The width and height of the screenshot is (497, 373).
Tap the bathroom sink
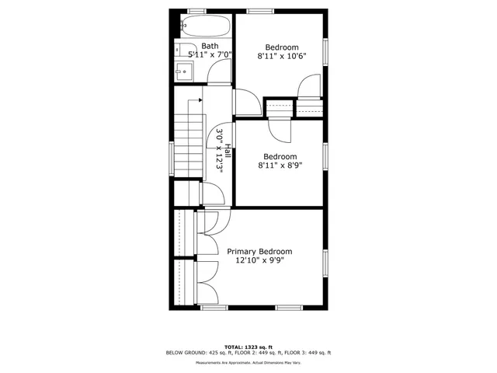183,72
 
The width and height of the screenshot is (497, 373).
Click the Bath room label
210,46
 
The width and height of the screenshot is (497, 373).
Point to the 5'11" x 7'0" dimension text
210,55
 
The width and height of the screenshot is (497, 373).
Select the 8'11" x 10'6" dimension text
282,56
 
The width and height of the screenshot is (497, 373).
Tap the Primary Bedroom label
259,251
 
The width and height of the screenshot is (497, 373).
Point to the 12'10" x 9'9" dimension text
259,261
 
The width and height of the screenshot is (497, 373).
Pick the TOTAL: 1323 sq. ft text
248,346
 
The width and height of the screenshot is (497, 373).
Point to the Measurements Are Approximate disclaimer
248,362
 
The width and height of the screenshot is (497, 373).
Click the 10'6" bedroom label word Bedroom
282,47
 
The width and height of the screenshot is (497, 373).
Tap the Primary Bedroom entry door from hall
215,220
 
